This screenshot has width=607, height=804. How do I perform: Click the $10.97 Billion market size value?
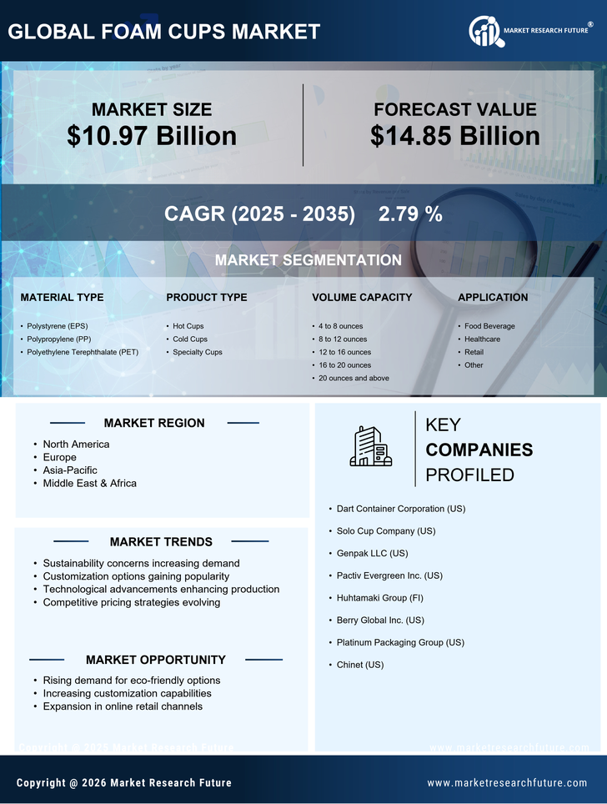(x=152, y=135)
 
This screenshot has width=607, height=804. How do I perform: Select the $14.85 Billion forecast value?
(x=454, y=135)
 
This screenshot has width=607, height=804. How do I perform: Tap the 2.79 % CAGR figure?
(x=410, y=214)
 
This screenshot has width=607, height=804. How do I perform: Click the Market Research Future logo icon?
(x=484, y=32)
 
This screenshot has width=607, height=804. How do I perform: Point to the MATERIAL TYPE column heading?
(x=62, y=297)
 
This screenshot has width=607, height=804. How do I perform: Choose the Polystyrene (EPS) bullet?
(x=57, y=326)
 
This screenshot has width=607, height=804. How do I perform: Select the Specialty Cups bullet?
(x=198, y=352)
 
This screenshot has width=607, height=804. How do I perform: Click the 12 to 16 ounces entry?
(x=344, y=352)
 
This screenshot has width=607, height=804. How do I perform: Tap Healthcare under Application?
(x=482, y=339)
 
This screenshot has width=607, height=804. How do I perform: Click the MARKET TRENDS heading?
(x=161, y=542)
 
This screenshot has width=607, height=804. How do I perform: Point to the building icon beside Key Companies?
(x=370, y=446)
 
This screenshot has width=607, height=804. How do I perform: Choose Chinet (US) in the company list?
(x=360, y=665)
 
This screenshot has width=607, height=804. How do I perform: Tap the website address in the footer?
(x=507, y=783)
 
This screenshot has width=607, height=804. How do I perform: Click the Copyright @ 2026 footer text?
(x=124, y=783)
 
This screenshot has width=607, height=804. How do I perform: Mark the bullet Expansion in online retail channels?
(x=123, y=706)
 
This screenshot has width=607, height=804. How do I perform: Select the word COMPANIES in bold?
(x=479, y=450)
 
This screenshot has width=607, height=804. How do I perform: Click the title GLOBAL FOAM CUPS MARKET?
(x=164, y=32)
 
